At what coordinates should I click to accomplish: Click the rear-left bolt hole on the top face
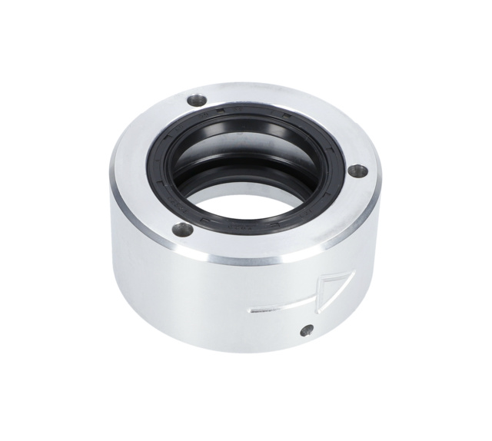(198, 100)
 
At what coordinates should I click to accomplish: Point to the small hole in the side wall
(307, 330)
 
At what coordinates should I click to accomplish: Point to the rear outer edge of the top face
(246, 85)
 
